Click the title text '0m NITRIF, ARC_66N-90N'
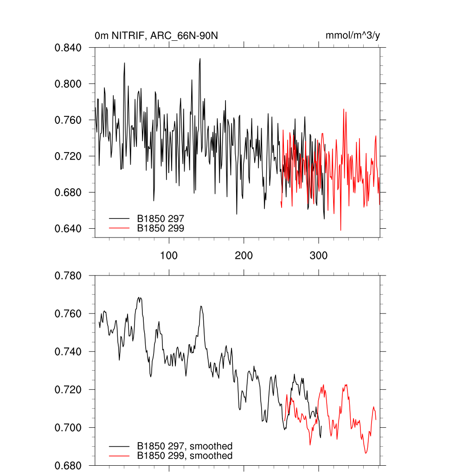(156, 35)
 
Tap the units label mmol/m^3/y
(353, 35)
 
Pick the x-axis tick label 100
(169, 256)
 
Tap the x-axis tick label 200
(244, 256)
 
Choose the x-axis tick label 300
(319, 256)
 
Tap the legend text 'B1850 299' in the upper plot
(160, 228)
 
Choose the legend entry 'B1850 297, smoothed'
(185, 446)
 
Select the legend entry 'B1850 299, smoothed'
(185, 456)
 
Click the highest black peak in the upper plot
(200, 59)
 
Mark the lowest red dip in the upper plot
(340, 230)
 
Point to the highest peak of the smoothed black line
(139, 297)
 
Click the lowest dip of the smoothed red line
(366, 453)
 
